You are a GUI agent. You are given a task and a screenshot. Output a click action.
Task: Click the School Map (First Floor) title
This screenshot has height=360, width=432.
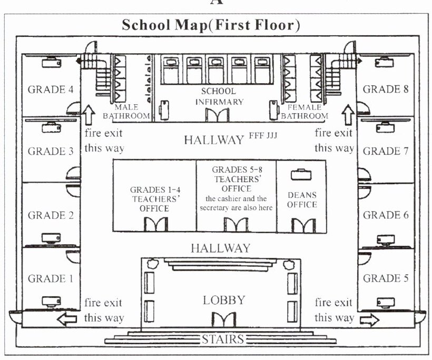(x=211, y=25)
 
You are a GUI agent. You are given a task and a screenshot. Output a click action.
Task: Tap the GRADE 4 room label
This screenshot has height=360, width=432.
(x=50, y=89)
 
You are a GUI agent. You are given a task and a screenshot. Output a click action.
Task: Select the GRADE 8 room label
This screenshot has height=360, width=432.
(x=386, y=89)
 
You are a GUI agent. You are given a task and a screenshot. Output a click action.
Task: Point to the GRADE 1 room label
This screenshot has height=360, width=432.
(x=50, y=278)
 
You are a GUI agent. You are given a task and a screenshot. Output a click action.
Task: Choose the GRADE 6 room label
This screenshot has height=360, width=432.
(x=386, y=215)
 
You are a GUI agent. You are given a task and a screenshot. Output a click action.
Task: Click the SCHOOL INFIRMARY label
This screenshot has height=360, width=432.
(x=218, y=97)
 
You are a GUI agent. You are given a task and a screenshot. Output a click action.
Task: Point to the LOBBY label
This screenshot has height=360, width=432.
(x=224, y=301)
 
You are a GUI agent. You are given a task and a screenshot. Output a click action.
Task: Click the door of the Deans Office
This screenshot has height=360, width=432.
(x=304, y=225)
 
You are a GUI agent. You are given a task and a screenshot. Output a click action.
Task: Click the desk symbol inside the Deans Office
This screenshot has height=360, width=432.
(x=301, y=174)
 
